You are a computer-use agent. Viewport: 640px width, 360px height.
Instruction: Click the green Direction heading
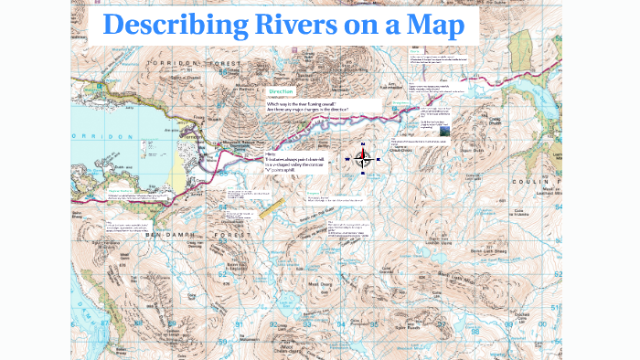(x=281, y=92)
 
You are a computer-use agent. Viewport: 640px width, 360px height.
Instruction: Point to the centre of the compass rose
(x=363, y=160)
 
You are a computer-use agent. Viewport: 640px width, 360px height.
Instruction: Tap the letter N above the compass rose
(x=363, y=144)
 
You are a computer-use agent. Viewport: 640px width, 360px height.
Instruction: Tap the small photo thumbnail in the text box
(x=443, y=130)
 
